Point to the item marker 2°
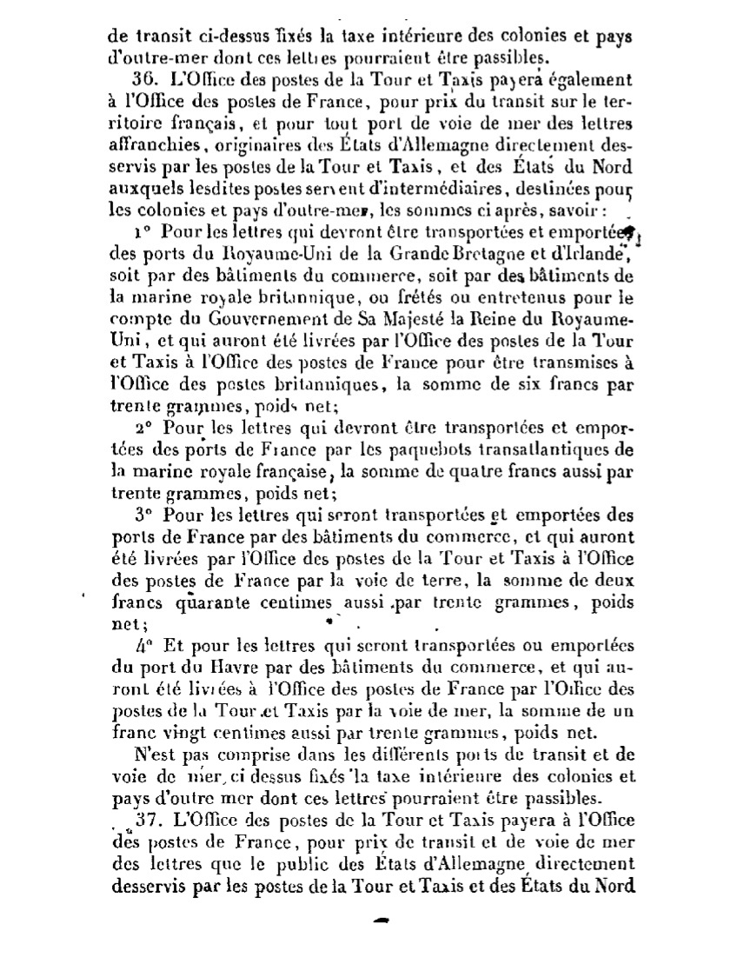click(143, 429)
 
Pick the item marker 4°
click(143, 646)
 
